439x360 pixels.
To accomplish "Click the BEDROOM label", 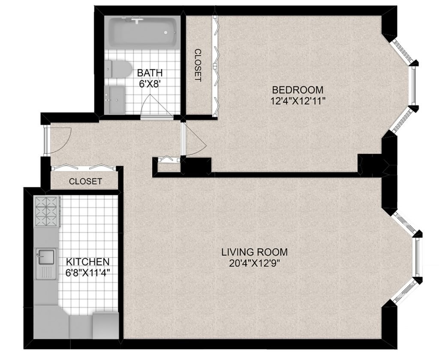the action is (x=298, y=90).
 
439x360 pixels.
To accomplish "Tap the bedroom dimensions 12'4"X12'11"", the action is (x=298, y=100).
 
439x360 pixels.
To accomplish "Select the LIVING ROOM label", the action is (x=255, y=252).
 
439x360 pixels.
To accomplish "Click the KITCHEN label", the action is (x=87, y=262).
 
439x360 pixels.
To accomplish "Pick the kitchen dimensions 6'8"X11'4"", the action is (x=87, y=273).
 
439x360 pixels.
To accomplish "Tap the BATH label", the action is (x=150, y=73).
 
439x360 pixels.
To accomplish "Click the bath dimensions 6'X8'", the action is (x=150, y=84).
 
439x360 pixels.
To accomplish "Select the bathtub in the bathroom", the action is (x=143, y=32).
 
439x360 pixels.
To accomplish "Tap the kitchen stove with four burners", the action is (x=46, y=212).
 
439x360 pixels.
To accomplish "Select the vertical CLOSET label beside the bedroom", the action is (x=198, y=65).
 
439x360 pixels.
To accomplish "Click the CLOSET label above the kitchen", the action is (x=85, y=181).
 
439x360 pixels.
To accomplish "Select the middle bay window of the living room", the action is (x=418, y=257).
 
